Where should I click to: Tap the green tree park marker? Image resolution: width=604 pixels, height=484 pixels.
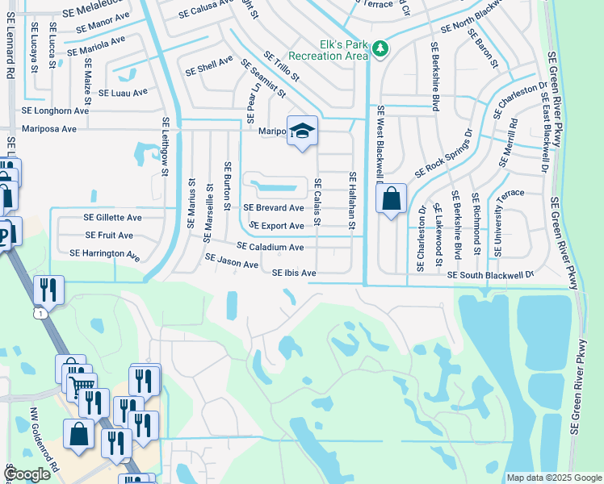pos(380,50)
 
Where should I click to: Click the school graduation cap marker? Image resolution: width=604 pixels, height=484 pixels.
pos(302,132)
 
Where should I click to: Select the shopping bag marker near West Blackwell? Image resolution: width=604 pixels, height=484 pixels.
pos(392,199)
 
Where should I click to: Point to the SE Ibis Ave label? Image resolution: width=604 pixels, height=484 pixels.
pos(294,273)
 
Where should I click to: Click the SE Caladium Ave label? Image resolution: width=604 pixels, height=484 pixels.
pos(270,247)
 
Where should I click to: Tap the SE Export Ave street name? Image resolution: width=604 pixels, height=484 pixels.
pos(276,227)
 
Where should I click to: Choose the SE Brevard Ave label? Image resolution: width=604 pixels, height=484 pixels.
pos(274,207)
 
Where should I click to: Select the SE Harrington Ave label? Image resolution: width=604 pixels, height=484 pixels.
pos(104,254)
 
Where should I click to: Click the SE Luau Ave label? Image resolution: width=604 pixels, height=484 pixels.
pos(123,93)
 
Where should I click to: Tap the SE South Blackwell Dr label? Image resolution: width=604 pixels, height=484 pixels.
pos(490,275)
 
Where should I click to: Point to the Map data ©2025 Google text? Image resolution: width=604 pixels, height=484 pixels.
pos(552,478)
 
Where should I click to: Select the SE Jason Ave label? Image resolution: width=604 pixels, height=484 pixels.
pos(232,261)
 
